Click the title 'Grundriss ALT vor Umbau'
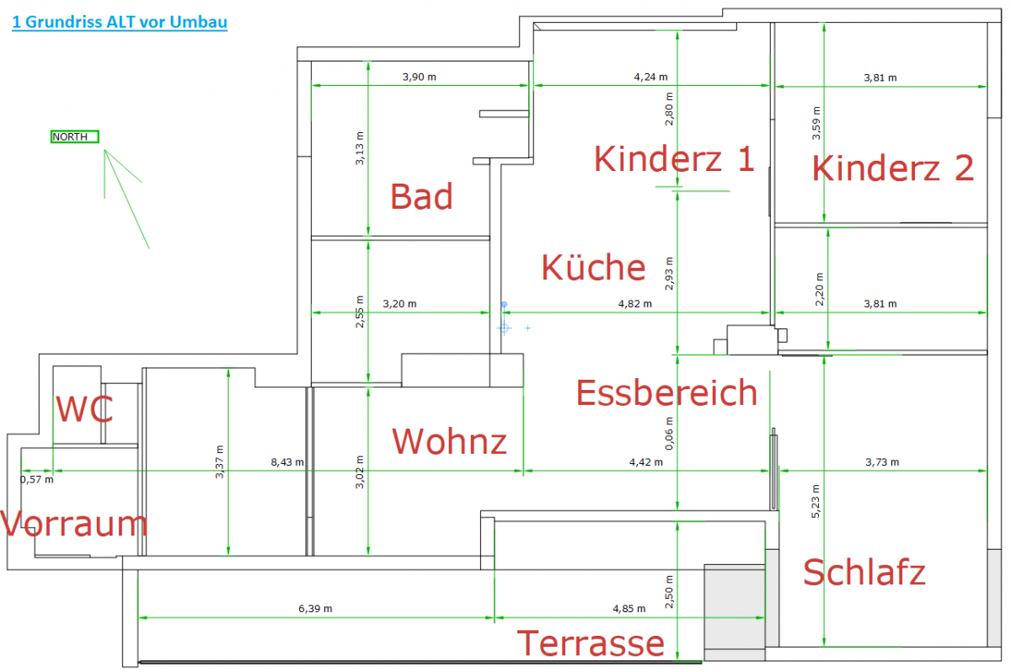click(x=119, y=23)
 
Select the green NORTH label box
click(x=75, y=136)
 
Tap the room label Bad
click(x=421, y=196)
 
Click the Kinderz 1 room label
click(x=674, y=158)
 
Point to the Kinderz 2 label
click(x=893, y=168)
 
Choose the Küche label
click(x=593, y=267)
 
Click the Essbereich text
click(x=666, y=392)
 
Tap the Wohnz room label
click(x=450, y=441)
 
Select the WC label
click(x=84, y=410)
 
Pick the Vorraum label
click(x=74, y=524)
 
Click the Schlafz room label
click(x=864, y=573)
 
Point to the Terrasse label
click(x=591, y=644)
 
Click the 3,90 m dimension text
click(x=420, y=77)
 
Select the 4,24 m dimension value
click(x=650, y=77)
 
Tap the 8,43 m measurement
click(x=287, y=462)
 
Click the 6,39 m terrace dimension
click(x=315, y=609)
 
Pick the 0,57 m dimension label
click(x=36, y=480)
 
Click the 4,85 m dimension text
click(x=629, y=609)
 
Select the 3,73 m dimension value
click(x=882, y=462)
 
